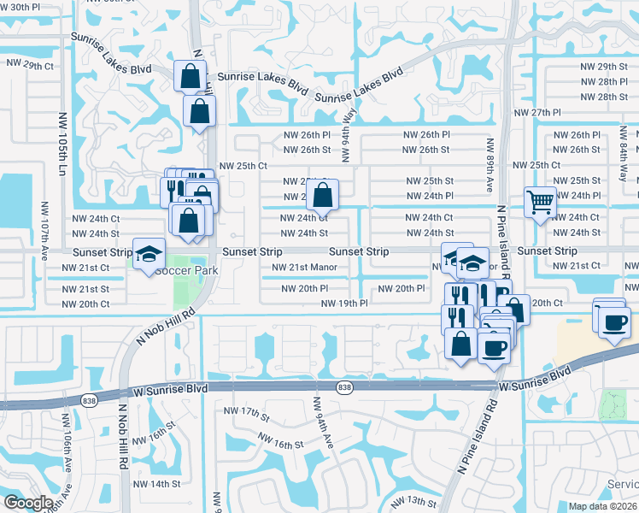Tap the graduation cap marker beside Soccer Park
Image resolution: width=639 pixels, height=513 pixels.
(x=149, y=254)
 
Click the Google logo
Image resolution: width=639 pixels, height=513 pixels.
(x=28, y=503)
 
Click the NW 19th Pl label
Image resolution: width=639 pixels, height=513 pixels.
(x=344, y=303)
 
